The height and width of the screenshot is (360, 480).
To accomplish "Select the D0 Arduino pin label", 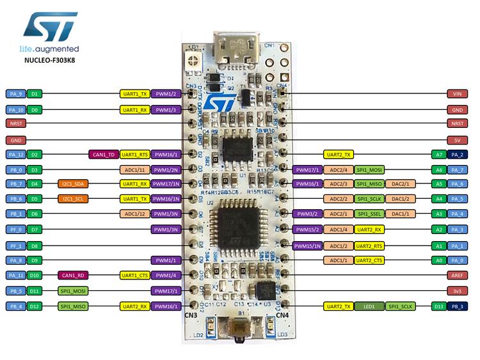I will click(x=36, y=110).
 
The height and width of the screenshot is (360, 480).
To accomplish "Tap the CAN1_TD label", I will click(x=102, y=154).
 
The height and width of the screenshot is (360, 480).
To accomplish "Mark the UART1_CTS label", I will click(x=134, y=275).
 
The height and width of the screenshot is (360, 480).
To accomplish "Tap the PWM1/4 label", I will click(x=165, y=275).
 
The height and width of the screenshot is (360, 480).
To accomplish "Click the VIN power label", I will click(x=457, y=93).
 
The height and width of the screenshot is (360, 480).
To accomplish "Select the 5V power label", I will click(x=457, y=139).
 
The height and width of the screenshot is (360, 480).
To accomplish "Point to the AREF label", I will click(x=457, y=275).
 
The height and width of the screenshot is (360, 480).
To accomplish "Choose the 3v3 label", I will click(x=457, y=290).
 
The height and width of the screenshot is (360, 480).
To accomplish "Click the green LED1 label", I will click(x=369, y=307).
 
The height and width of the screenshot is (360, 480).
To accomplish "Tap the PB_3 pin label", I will click(x=458, y=307).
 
